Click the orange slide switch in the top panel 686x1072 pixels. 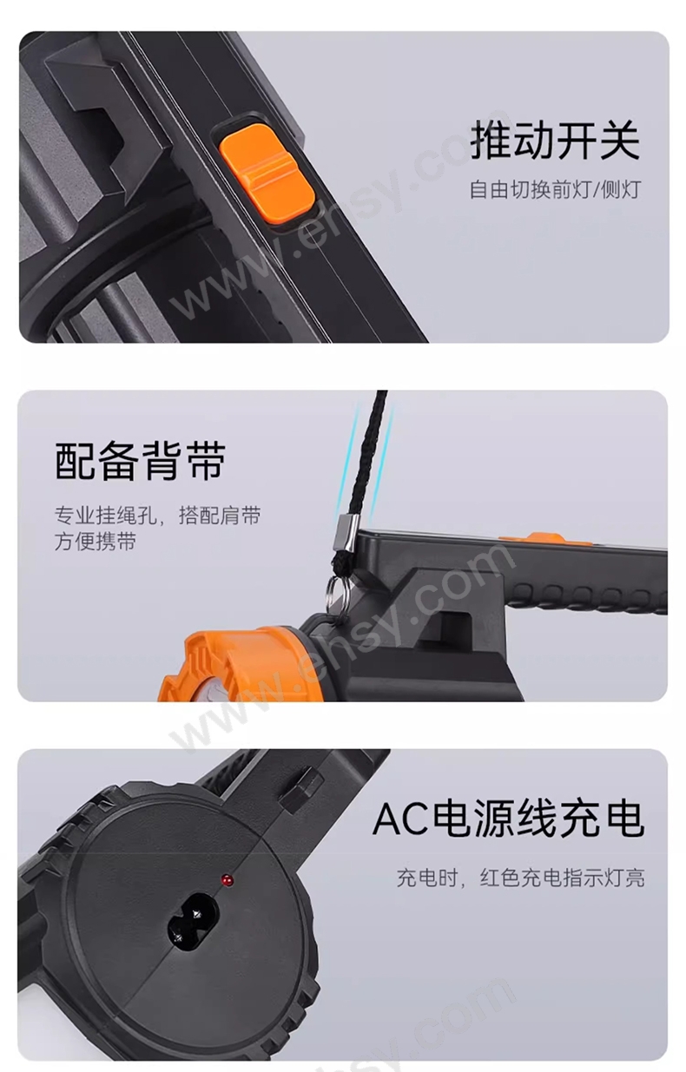click(267, 175)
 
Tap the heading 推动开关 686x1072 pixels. click(555, 140)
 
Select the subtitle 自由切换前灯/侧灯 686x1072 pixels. click(555, 189)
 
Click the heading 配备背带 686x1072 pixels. click(140, 460)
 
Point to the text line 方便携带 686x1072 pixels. click(96, 542)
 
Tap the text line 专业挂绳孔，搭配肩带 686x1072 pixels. click(157, 516)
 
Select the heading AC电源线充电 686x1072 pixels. click(508, 820)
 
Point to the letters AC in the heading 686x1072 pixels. click(400, 820)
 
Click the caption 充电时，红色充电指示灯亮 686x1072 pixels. click(520, 878)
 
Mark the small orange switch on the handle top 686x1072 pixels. click(541, 538)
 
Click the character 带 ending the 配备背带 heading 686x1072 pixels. click(206, 460)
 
